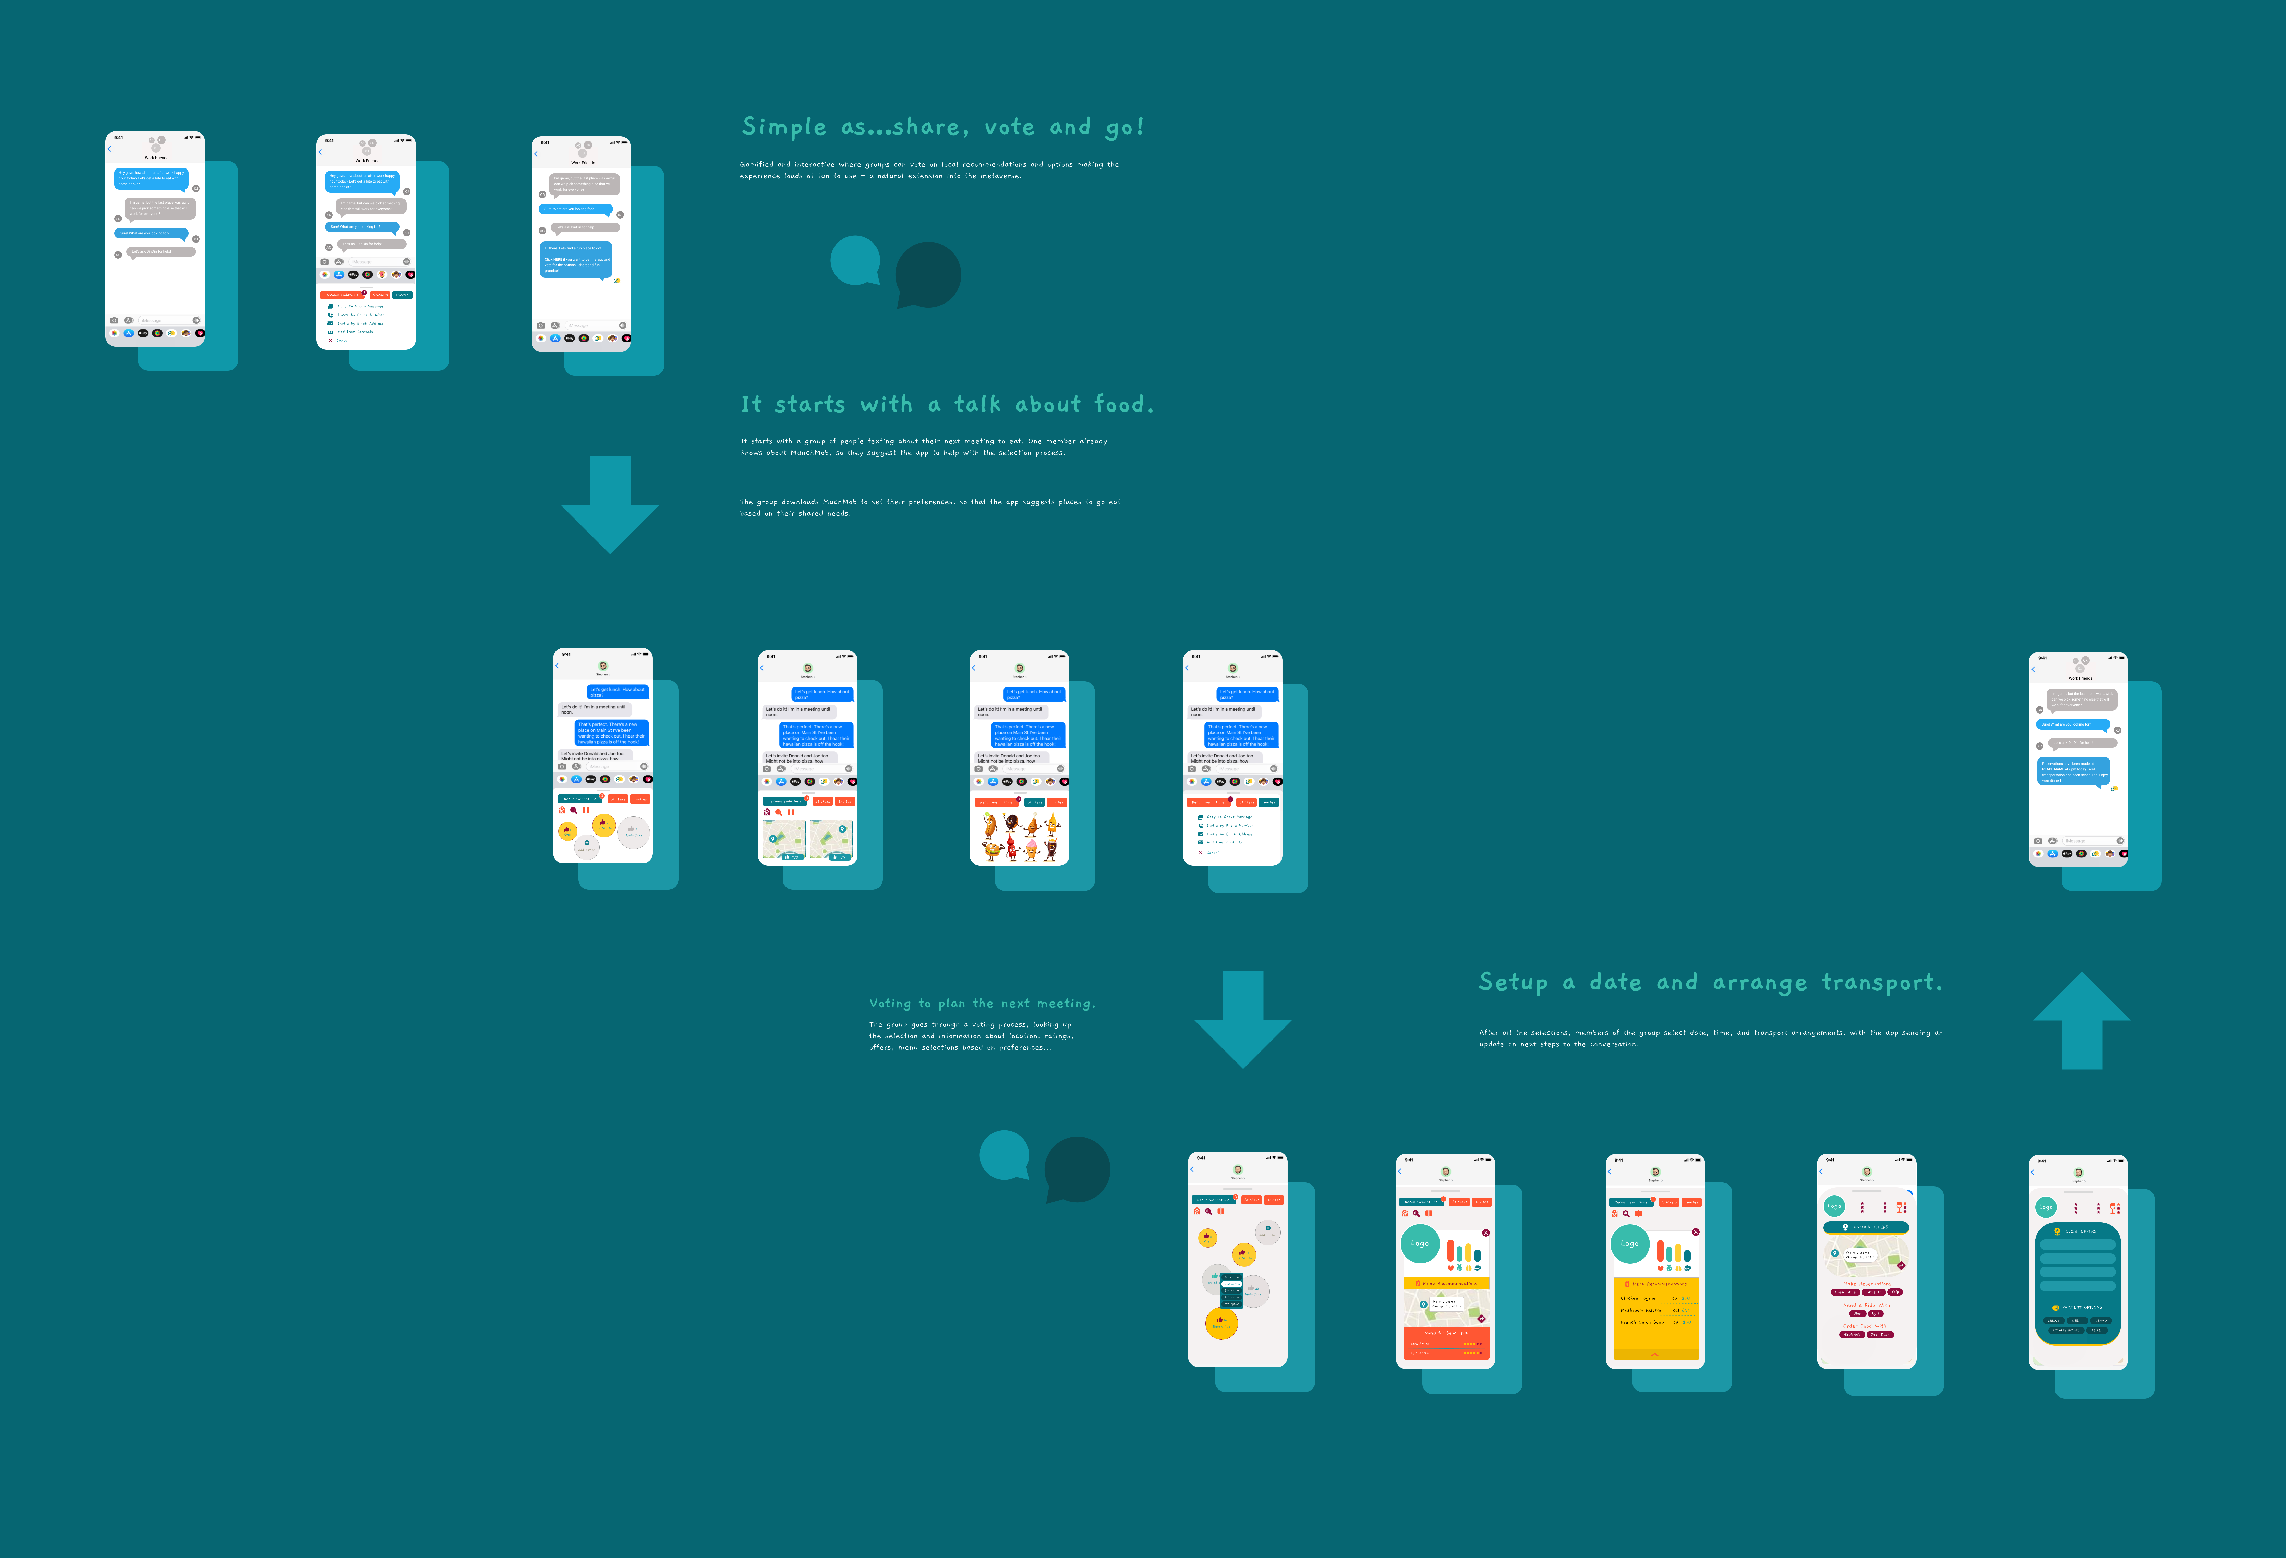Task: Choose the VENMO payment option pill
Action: pyautogui.click(x=2100, y=1320)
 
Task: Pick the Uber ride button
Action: pyautogui.click(x=1857, y=1313)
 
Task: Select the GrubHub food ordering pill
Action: pyautogui.click(x=1852, y=1335)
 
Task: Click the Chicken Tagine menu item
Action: pyautogui.click(x=1638, y=1298)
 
